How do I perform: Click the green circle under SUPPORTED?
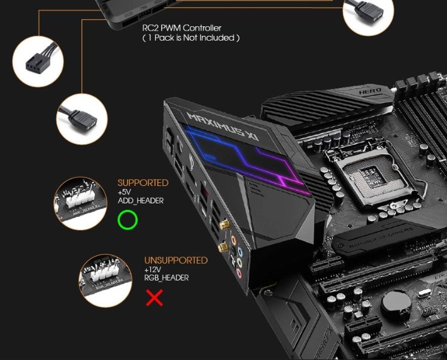(127, 220)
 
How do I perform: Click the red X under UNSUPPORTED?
(154, 297)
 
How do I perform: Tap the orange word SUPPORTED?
(143, 183)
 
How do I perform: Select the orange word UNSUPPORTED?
(176, 261)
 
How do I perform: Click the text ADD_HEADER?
(141, 201)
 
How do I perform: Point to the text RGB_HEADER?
(166, 278)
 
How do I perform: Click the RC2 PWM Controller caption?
(181, 28)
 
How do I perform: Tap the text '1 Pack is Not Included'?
(191, 38)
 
